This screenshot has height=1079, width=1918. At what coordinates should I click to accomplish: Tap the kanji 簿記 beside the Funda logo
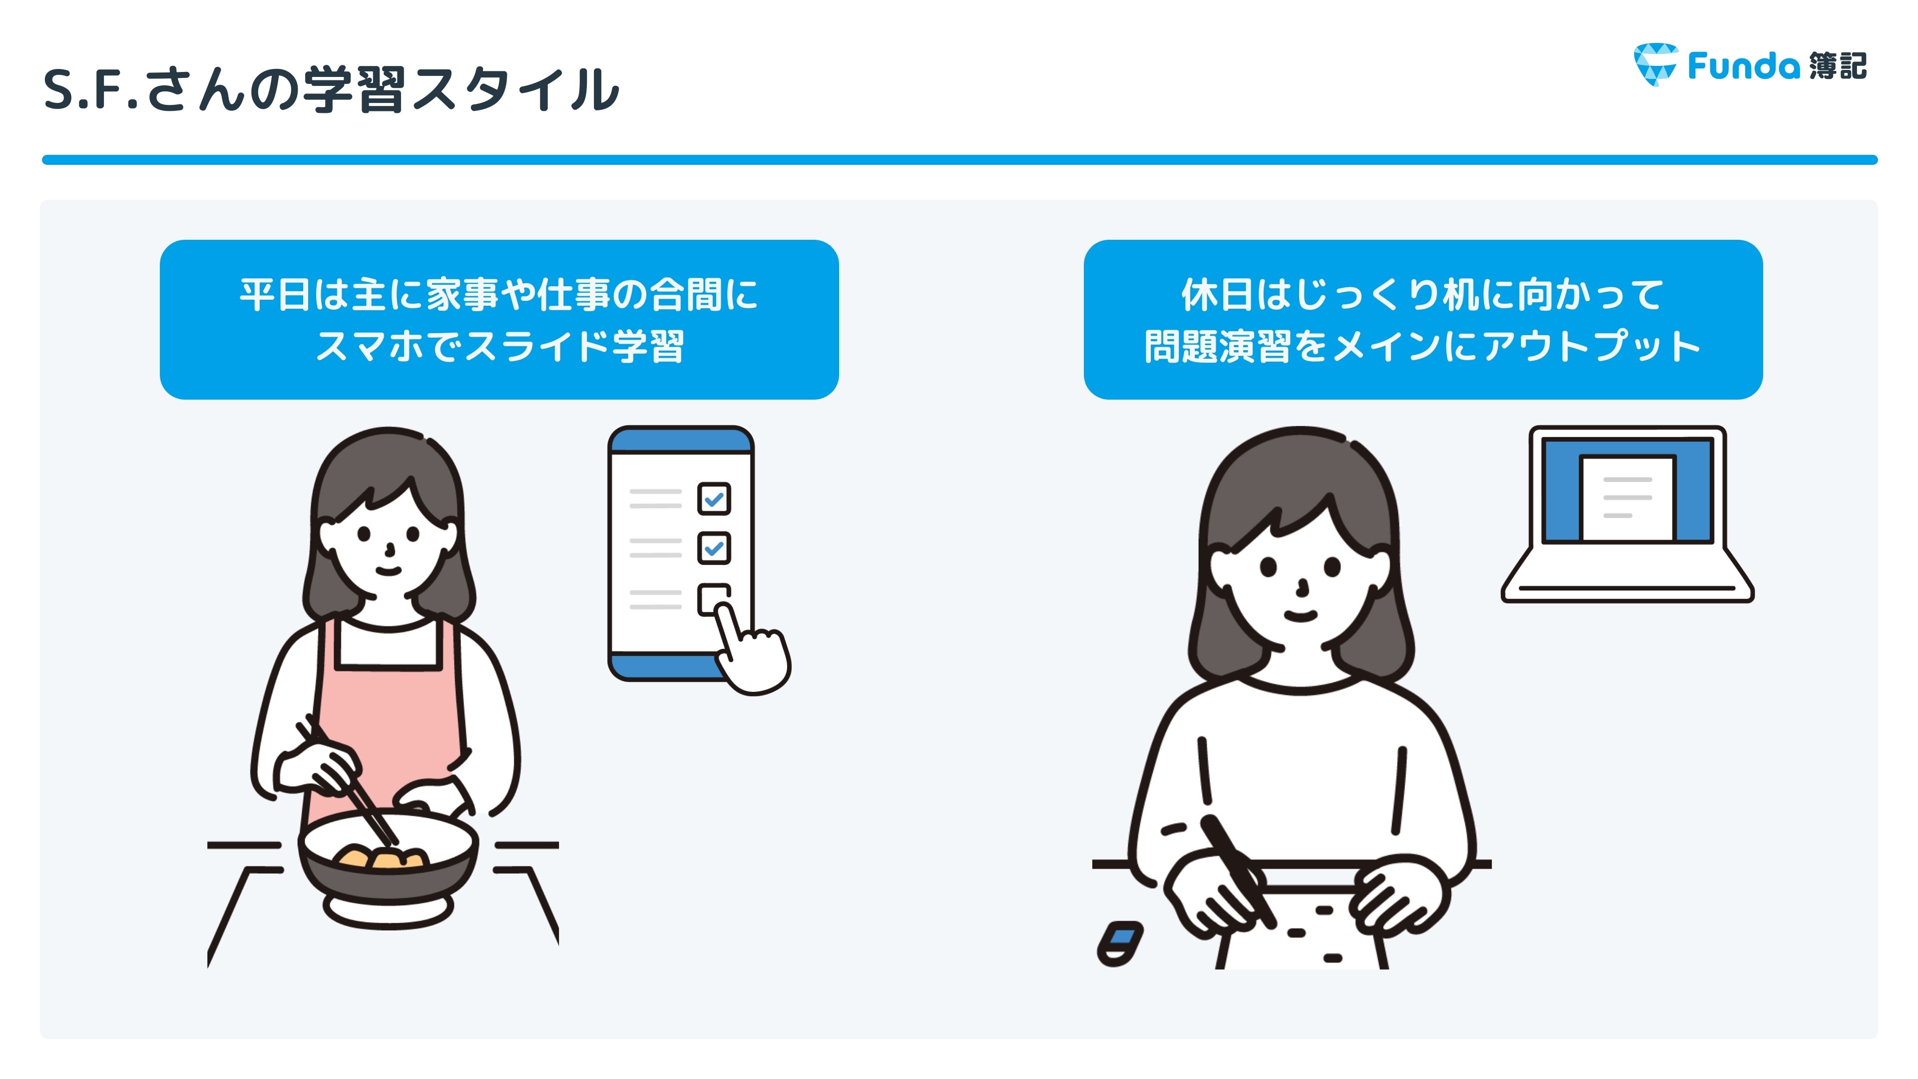1838,65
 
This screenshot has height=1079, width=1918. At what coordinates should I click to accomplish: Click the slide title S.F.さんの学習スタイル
331,89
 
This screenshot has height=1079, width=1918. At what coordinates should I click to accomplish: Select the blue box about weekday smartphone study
499,320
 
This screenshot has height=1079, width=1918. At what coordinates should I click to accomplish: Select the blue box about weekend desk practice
1423,320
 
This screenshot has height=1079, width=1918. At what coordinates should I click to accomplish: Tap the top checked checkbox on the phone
713,498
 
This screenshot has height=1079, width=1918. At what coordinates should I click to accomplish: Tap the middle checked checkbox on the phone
713,548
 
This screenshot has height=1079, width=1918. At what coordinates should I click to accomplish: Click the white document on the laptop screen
1628,498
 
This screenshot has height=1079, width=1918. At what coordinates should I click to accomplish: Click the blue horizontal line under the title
959,160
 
